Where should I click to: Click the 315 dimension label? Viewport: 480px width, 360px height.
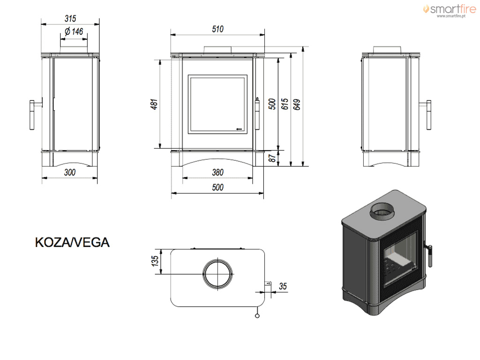pos(70,19)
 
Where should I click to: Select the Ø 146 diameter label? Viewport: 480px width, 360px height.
pos(74,31)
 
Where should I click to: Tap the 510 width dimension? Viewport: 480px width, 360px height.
pos(217,29)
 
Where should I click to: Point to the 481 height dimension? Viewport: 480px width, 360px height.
pos(154,104)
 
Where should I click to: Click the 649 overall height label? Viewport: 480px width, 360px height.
pos(297,105)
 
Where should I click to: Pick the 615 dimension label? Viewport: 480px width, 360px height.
pos(285,104)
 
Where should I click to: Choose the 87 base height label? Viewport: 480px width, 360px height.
pos(272,158)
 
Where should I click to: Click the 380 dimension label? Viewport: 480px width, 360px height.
pos(217,172)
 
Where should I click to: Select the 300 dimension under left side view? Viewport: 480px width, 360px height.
pos(70,172)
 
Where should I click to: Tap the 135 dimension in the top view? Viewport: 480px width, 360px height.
pos(155,261)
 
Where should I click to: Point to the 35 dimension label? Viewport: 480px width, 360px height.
pos(283,286)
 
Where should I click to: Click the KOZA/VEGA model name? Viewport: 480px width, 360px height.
pos(72,242)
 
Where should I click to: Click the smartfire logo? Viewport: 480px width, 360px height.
pos(450,10)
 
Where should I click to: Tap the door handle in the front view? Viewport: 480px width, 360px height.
pos(257,113)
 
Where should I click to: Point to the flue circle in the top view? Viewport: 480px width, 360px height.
pos(217,260)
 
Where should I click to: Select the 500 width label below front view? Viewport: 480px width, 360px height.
pos(217,187)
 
